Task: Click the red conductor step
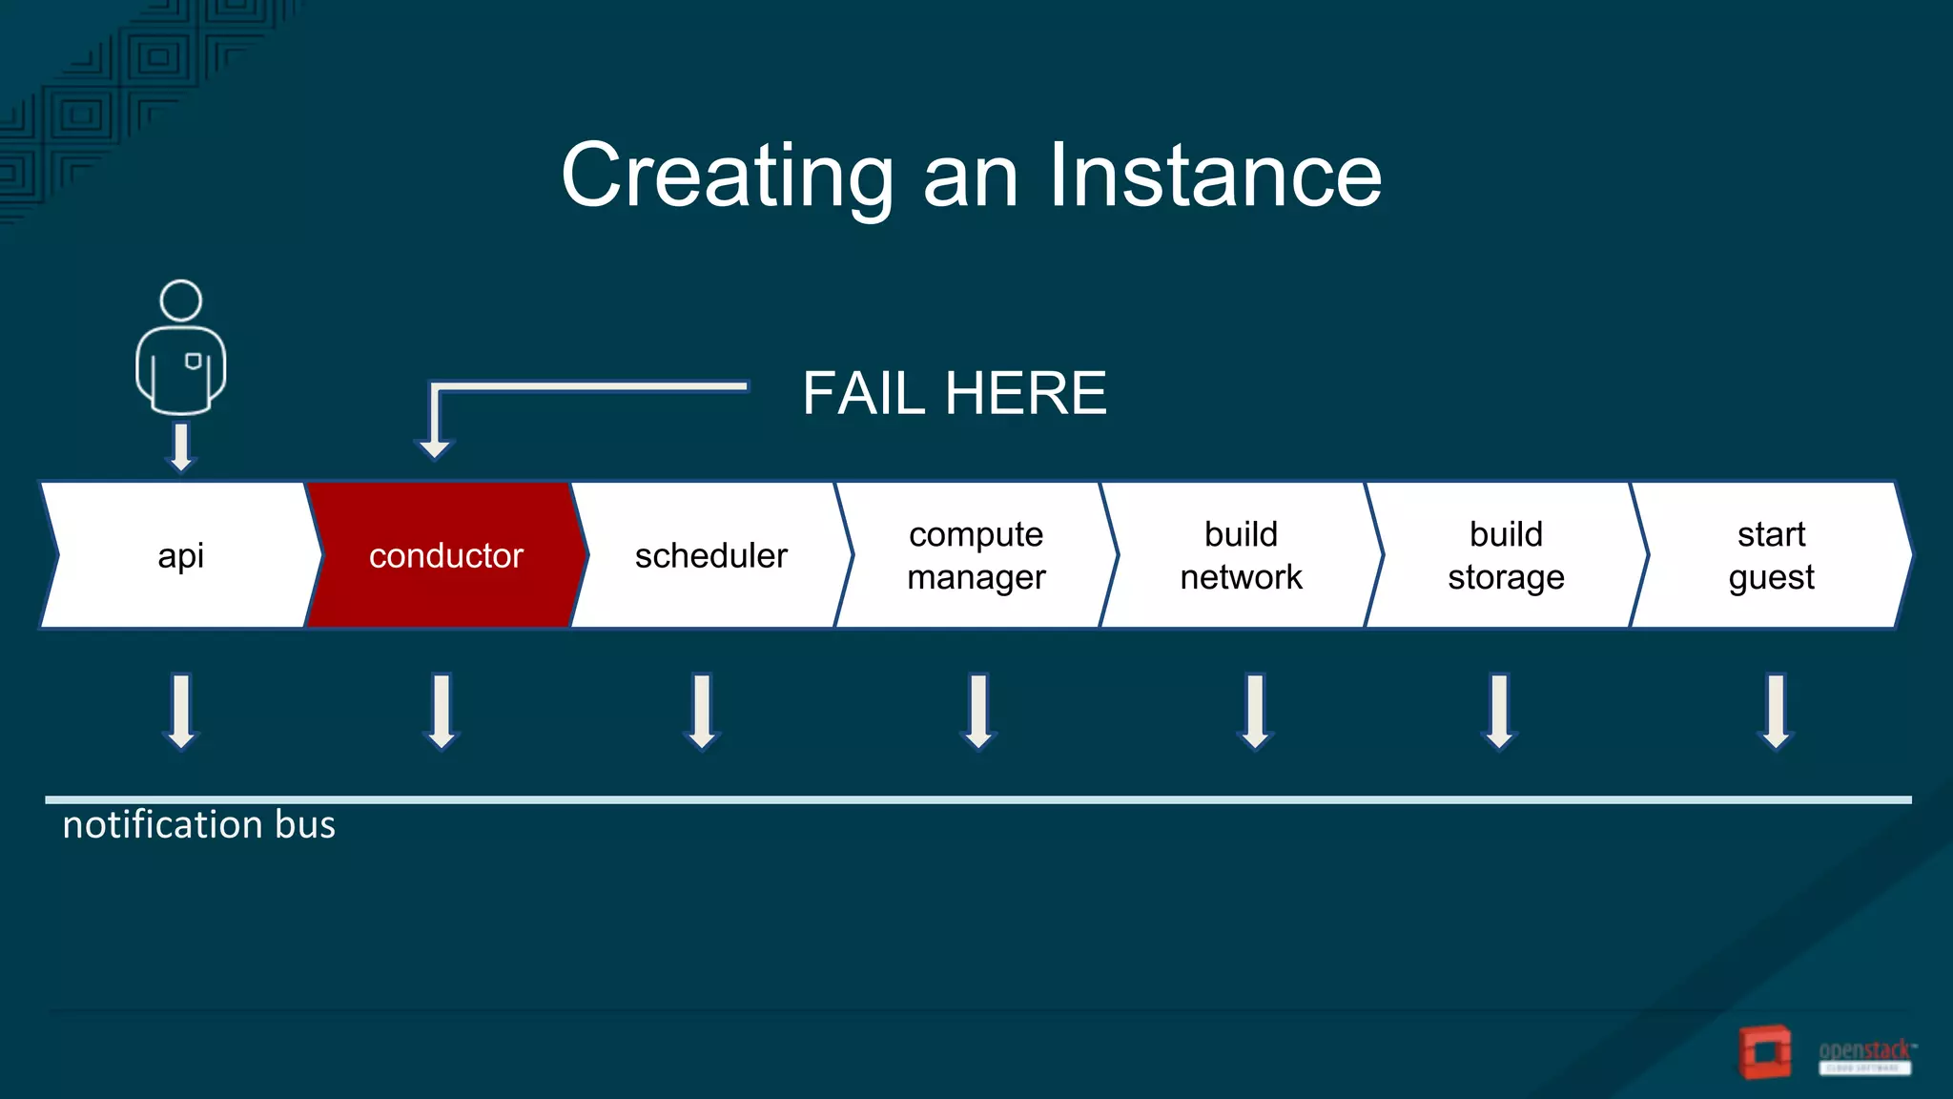(x=446, y=555)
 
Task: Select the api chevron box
(x=180, y=555)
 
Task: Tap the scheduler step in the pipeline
(x=710, y=555)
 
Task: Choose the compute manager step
(x=976, y=555)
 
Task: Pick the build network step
(x=1241, y=555)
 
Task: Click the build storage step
(x=1506, y=555)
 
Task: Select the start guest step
(x=1771, y=555)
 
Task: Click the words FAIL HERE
(x=954, y=393)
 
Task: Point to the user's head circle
(x=180, y=301)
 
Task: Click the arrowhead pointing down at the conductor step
(x=435, y=447)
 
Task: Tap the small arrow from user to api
(x=180, y=447)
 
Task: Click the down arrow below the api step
(x=181, y=713)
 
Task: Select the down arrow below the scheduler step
(x=702, y=713)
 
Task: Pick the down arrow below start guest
(x=1776, y=713)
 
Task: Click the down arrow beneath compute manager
(x=979, y=713)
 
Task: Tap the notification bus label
(x=198, y=824)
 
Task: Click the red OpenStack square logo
(x=1764, y=1052)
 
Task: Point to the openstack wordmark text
(x=1864, y=1051)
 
